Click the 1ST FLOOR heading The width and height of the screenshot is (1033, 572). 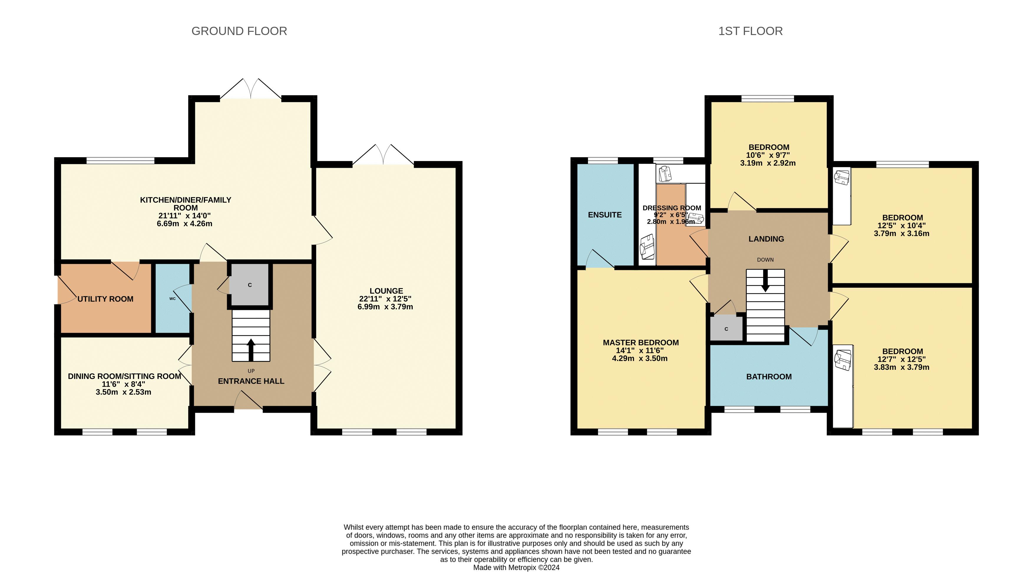[750, 31]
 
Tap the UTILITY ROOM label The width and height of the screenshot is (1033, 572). [105, 299]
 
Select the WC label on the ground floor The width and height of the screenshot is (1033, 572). [172, 299]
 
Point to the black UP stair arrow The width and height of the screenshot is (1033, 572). [251, 350]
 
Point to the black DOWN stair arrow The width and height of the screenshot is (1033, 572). [765, 281]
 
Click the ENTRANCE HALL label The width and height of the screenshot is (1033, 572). [251, 381]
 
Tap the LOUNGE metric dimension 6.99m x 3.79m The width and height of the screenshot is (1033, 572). [385, 307]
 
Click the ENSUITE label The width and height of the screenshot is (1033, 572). [605, 215]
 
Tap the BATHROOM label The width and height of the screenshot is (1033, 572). [769, 377]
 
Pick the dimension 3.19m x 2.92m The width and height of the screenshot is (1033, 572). [768, 163]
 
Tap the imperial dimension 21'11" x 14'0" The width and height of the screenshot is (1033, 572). [184, 216]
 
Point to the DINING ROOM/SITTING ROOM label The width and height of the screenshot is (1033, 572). [125, 377]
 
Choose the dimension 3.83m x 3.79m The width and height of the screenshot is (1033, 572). [901, 367]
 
